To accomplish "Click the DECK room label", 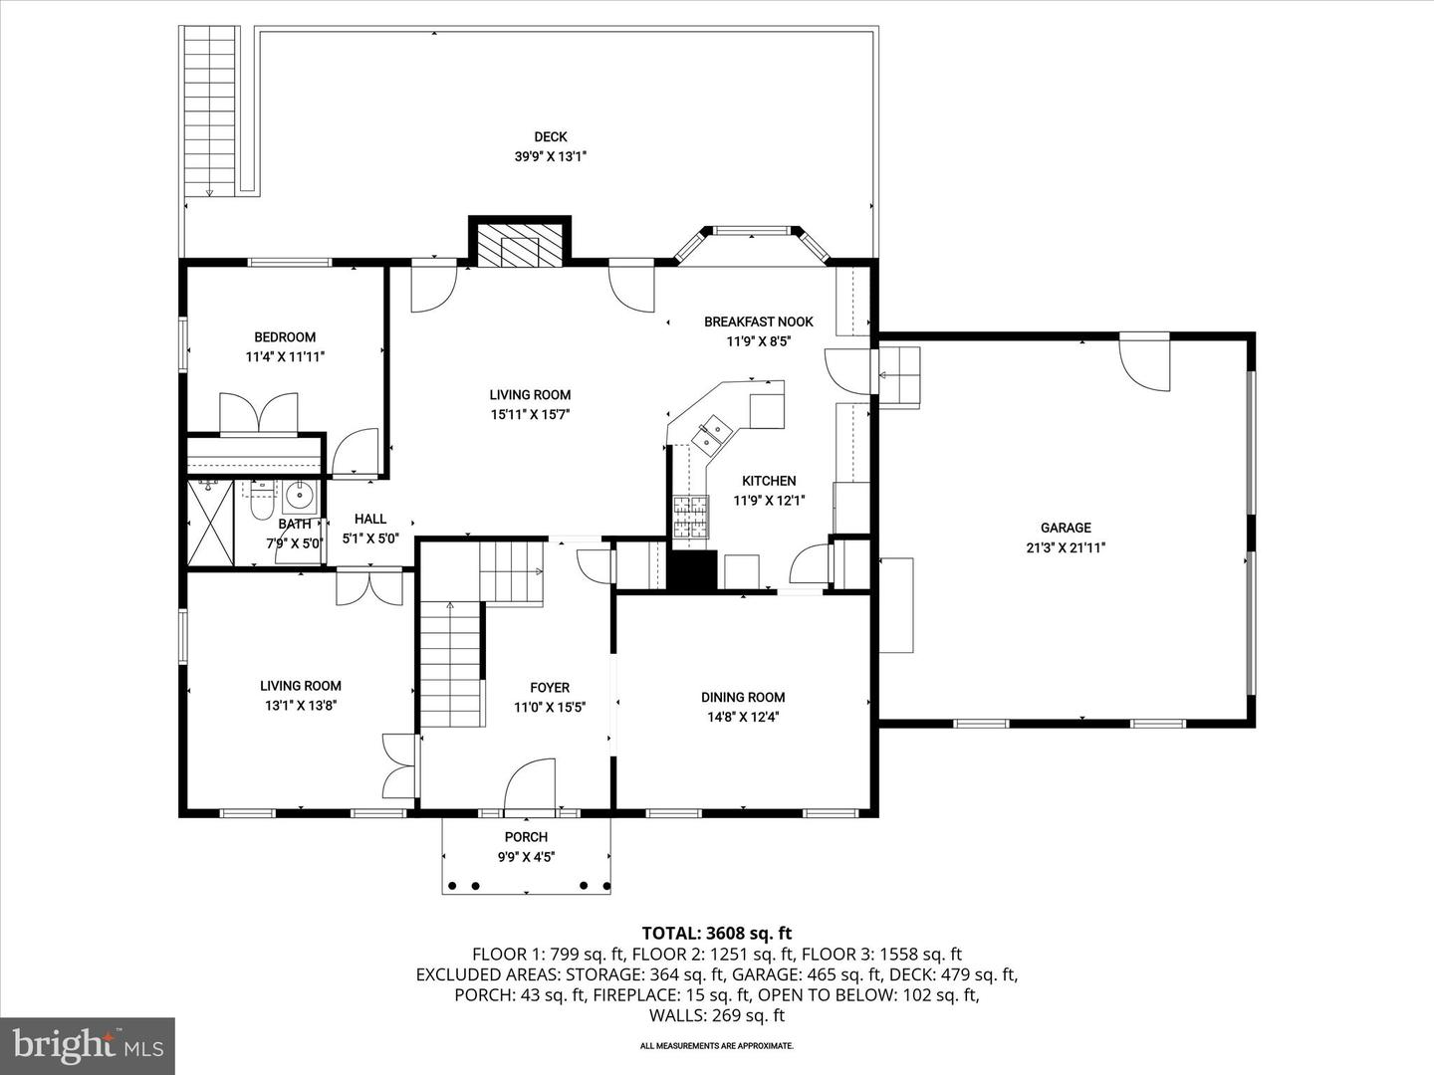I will pos(550,137).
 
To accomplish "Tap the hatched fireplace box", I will pos(519,245).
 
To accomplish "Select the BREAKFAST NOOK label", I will pos(758,322).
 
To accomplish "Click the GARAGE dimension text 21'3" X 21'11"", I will pos(1066,547).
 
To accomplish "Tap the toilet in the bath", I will pos(261,506).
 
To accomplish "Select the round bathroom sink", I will pos(299,494).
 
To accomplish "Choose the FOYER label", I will pos(550,688).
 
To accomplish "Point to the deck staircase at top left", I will pos(210,109).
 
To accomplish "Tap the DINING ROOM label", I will pos(743,698).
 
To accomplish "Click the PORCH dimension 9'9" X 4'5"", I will pos(526,856).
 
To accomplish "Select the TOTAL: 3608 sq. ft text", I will pos(717,934).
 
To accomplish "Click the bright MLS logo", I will pos(87,1045).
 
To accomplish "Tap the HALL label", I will pos(370,519).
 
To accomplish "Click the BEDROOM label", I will pos(285,337).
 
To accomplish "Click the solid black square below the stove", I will pos(692,570).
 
